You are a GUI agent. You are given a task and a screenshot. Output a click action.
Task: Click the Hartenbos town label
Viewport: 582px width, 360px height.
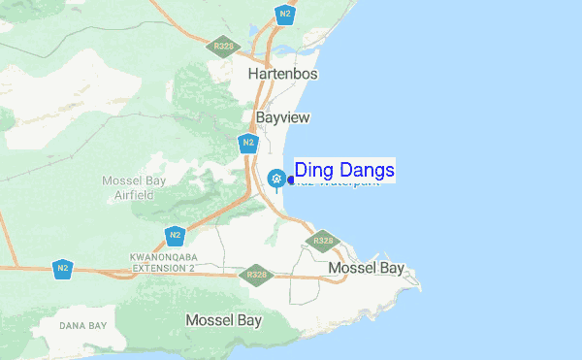click(283, 74)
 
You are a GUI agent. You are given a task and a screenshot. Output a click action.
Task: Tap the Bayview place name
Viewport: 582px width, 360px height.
click(282, 117)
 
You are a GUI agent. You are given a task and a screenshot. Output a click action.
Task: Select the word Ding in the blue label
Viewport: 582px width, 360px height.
click(315, 171)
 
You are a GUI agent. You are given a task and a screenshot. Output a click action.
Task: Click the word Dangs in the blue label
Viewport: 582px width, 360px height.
click(368, 171)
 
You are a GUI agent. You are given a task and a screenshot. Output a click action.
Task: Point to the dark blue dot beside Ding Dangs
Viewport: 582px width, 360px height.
click(291, 179)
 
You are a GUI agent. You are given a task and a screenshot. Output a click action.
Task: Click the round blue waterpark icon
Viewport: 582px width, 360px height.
click(276, 179)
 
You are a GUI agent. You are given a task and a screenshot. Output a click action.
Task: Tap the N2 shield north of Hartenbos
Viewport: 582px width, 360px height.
click(284, 14)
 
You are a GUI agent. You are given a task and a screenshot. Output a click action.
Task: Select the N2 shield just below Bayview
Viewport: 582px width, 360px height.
click(249, 144)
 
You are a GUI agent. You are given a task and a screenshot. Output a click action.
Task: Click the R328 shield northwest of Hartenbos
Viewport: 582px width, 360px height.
click(222, 46)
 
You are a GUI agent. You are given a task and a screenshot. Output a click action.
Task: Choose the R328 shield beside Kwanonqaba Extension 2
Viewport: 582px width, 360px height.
click(257, 276)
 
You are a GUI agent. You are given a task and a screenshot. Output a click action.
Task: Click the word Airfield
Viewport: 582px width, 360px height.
click(134, 195)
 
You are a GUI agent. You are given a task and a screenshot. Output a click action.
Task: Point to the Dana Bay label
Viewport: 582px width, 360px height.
click(81, 324)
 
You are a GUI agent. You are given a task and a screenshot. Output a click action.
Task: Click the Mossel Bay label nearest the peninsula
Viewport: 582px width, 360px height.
click(366, 268)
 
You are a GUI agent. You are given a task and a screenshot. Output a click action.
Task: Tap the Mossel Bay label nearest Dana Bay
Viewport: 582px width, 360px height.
click(223, 320)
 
